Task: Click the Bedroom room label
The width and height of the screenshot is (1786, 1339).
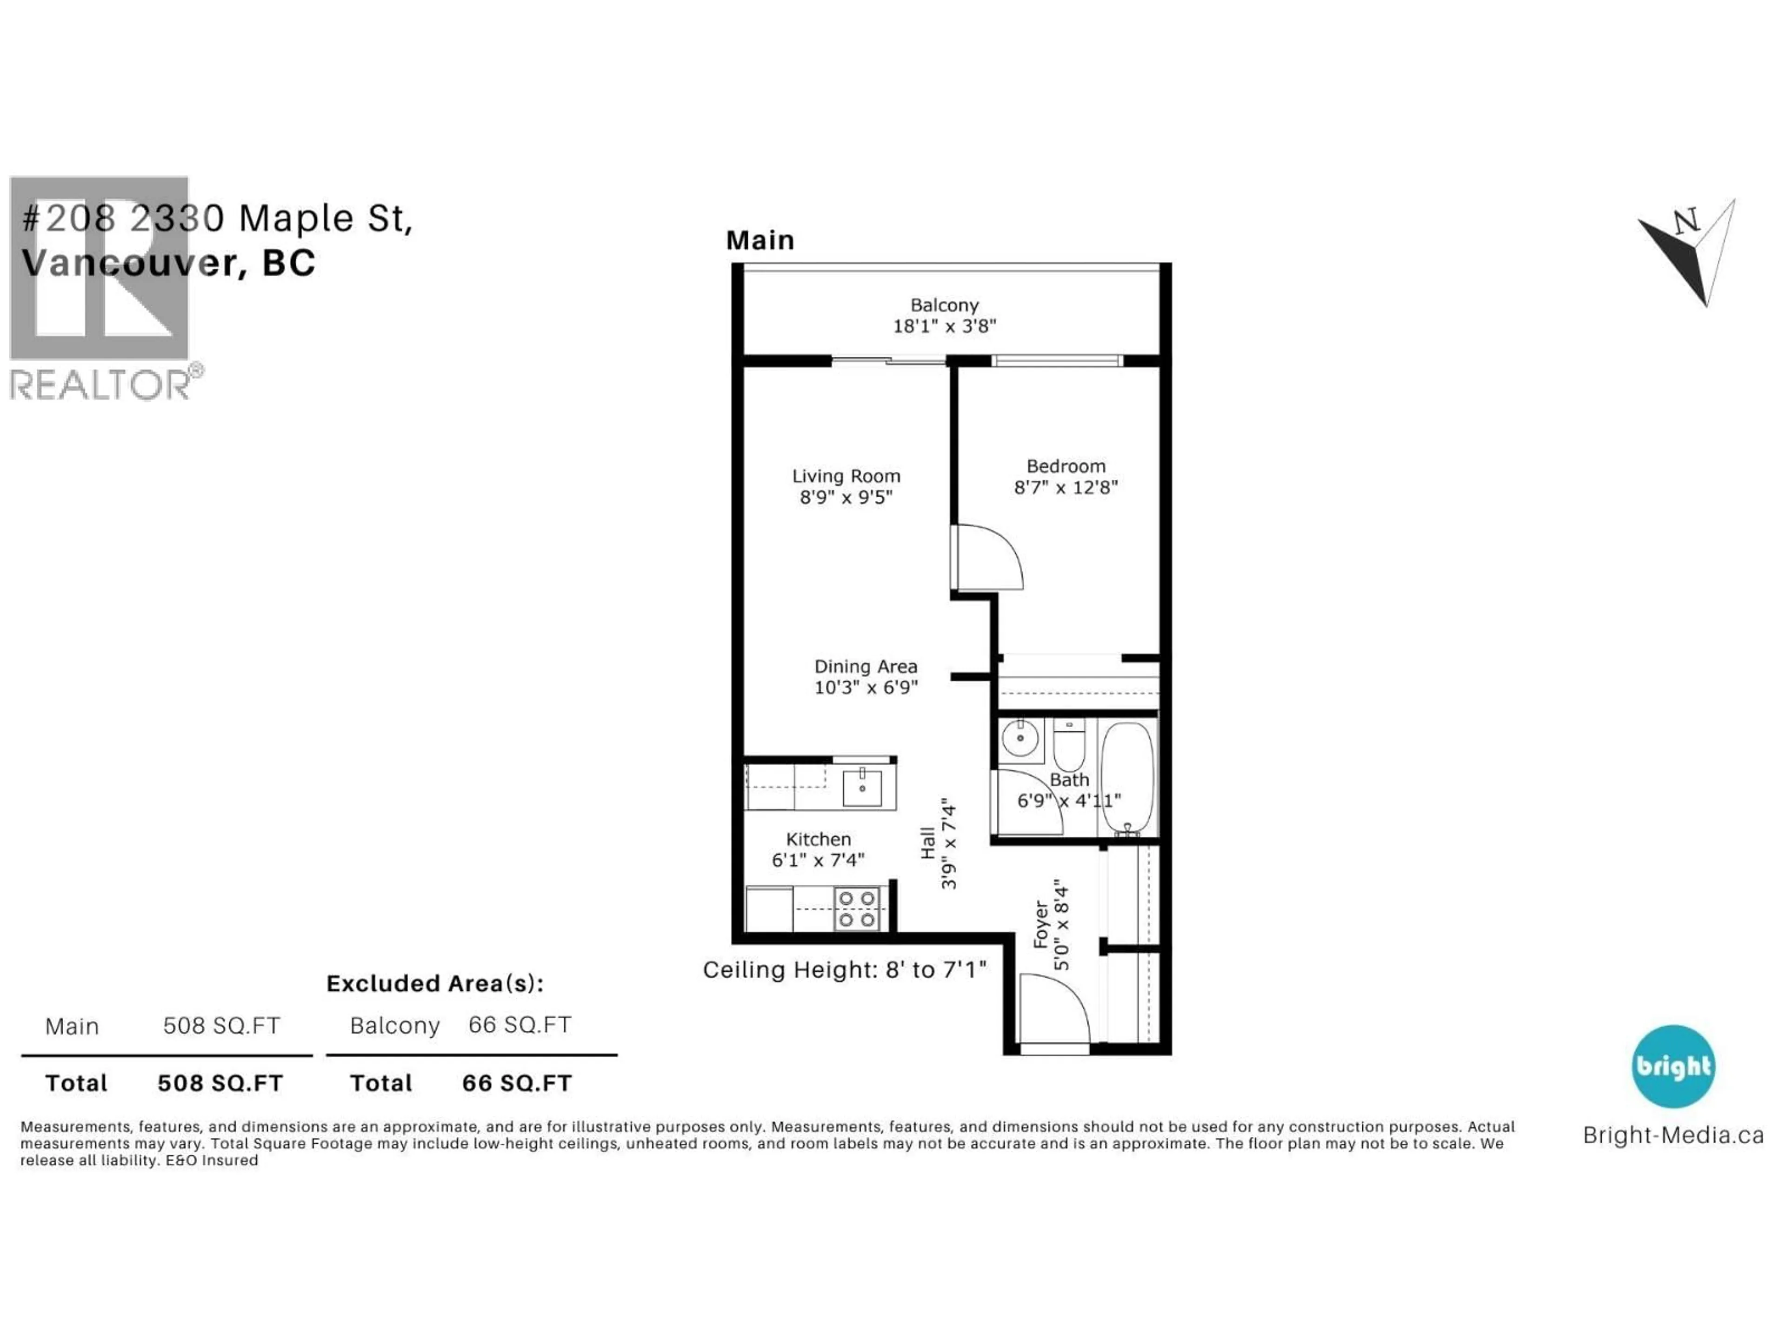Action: (1066, 466)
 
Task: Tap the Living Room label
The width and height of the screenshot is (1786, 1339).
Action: (846, 476)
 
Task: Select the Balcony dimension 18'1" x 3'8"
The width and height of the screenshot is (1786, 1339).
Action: (945, 326)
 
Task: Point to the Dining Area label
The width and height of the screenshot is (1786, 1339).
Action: (866, 667)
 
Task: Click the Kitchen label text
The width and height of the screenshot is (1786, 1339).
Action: (819, 839)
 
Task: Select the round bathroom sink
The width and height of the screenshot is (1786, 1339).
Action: (1020, 738)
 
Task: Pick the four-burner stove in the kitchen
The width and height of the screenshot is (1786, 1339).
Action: (857, 909)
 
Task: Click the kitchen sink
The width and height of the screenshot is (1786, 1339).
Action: (862, 787)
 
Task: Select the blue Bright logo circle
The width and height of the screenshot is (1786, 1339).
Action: (1673, 1066)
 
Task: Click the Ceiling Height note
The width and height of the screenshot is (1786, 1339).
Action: (845, 969)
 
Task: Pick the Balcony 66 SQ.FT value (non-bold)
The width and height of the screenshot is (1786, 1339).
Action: (520, 1025)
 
